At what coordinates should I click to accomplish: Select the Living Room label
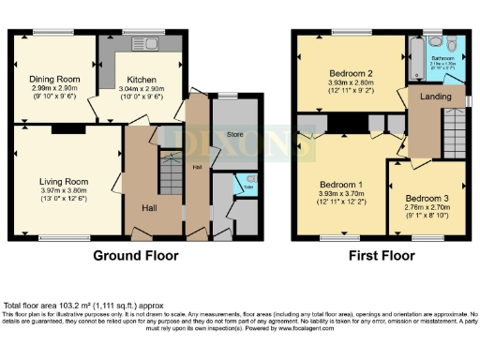[x=63, y=181]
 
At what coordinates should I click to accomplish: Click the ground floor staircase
[x=170, y=170]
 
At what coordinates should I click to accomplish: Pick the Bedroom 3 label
[x=426, y=197]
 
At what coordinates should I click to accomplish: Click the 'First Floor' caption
[x=381, y=255]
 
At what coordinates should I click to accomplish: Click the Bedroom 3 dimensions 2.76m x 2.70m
[x=426, y=207]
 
